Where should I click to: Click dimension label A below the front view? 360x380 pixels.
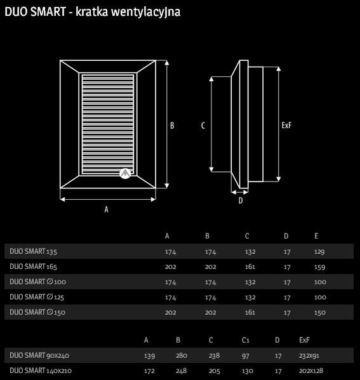pos(106,209)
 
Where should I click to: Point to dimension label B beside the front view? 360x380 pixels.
pos(172,126)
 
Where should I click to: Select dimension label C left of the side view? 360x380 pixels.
pos(203,126)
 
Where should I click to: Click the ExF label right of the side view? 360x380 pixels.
pos(286,126)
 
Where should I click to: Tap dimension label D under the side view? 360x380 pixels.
pos(241,200)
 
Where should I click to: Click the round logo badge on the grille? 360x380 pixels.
pos(125,173)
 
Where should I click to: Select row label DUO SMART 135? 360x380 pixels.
pos(33,251)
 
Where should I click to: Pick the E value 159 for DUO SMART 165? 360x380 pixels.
pos(319,267)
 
